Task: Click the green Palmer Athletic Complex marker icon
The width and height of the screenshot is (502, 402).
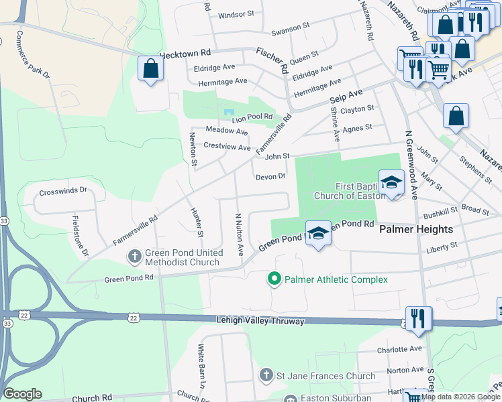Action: pos(274,279)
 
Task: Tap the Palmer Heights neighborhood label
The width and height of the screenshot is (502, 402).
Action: pos(416,229)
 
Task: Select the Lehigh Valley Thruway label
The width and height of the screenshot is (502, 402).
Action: pos(260,322)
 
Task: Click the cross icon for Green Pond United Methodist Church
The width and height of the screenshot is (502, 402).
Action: pos(134,255)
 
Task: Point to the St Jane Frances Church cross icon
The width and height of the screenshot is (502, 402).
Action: pos(266,375)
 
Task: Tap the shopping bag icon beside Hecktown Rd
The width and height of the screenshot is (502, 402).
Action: pos(150,68)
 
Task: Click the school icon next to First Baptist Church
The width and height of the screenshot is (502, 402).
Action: pos(391,182)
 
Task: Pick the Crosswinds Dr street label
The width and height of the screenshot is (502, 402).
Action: pos(64,190)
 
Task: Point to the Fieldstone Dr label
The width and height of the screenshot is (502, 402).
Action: pos(79,235)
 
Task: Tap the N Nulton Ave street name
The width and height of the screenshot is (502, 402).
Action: pos(238,234)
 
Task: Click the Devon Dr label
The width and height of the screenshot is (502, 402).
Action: pos(270,177)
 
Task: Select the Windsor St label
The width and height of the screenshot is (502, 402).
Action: pos(236,14)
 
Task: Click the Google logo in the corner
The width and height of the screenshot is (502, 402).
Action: pos(22,394)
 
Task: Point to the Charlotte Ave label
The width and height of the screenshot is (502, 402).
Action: pos(399,349)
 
